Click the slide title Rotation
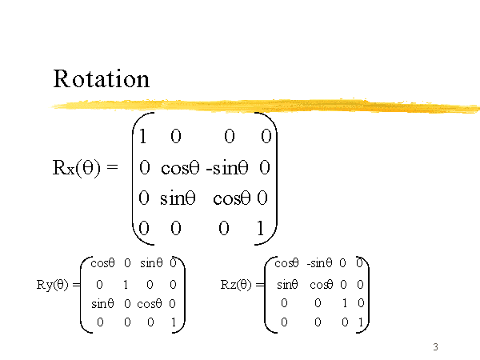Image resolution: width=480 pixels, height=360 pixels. [x=101, y=79]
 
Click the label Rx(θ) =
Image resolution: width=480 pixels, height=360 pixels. [x=84, y=168]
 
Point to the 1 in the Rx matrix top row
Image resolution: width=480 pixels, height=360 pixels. [x=142, y=137]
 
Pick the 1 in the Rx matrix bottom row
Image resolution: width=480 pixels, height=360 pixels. [x=259, y=230]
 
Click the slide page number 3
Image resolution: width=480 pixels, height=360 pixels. [x=435, y=346]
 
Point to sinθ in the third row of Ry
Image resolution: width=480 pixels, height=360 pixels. [x=102, y=303]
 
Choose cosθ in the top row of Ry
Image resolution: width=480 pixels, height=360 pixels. [x=102, y=262]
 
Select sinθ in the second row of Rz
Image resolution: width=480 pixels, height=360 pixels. [x=287, y=284]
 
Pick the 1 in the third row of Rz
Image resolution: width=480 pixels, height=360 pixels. [x=343, y=303]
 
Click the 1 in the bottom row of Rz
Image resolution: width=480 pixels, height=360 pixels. [x=360, y=322]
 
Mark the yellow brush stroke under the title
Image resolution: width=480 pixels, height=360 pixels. [x=264, y=104]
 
